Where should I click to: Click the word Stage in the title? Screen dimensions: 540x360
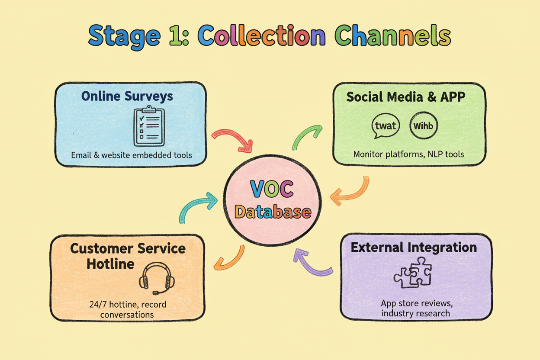124,36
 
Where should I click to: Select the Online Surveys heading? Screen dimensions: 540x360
127,96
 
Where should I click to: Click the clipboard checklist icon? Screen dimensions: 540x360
149,126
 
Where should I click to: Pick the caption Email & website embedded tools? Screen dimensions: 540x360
132,155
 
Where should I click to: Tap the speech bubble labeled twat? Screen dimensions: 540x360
385,126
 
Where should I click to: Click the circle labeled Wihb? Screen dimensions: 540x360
424,125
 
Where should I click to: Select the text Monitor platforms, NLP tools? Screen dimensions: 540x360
408,154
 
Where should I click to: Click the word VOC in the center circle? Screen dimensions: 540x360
272,189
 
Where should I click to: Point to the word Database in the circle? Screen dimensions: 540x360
273,212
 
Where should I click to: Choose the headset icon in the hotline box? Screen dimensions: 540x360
157,279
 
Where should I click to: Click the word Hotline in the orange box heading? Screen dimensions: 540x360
110,264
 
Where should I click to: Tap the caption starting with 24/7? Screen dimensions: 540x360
128,309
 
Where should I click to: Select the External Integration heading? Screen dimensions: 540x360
414,247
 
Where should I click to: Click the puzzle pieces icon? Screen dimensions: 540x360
413,273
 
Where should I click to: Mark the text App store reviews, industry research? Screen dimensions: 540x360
417,308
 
